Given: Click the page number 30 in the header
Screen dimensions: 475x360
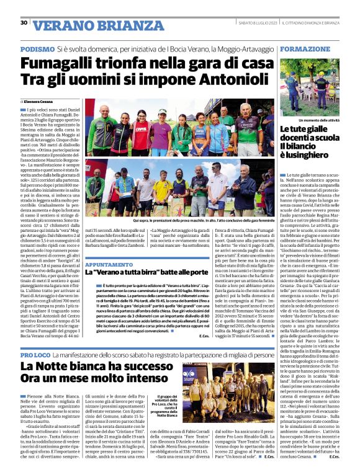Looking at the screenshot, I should [x=24, y=23].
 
